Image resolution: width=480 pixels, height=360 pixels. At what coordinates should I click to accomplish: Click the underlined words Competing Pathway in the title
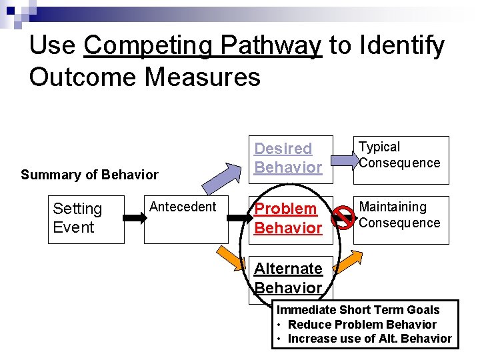203,45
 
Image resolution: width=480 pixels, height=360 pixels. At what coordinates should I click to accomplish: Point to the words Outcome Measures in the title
145,77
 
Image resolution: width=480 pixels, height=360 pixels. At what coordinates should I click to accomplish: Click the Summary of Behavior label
89,175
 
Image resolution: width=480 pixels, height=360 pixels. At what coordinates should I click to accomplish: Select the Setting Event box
86,219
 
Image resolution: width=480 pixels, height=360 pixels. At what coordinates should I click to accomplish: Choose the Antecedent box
182,219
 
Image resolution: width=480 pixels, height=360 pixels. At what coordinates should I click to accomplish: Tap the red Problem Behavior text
287,218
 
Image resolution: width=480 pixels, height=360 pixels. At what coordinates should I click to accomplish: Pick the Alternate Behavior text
287,278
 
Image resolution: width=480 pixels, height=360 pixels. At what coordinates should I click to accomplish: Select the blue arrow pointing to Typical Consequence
345,158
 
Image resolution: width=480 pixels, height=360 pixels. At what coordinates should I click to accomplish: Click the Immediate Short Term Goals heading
358,309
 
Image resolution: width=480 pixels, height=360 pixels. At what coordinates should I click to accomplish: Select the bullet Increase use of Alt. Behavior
369,338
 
